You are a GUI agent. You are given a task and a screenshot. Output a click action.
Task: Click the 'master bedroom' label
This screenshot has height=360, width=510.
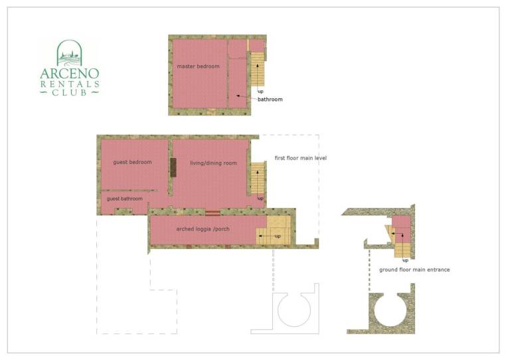coord(198,66)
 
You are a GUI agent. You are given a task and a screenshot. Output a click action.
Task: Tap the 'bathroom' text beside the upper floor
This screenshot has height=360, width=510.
coord(270,100)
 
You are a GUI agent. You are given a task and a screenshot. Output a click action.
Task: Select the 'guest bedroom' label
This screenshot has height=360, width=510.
coord(132,162)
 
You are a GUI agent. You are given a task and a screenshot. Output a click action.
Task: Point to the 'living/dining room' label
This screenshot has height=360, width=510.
coord(213,163)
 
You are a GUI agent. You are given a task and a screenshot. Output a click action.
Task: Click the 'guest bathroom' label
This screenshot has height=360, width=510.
coord(125,199)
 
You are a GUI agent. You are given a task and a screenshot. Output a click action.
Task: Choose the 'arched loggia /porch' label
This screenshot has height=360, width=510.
coord(203,229)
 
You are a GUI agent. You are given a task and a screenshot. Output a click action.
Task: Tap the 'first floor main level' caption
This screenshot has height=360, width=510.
coord(301,158)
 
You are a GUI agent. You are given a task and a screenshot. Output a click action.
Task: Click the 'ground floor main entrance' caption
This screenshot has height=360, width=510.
coord(414,270)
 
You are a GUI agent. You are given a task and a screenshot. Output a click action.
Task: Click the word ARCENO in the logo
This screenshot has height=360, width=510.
coord(70,74)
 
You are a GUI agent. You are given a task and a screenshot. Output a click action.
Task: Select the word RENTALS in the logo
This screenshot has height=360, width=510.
coord(70,84)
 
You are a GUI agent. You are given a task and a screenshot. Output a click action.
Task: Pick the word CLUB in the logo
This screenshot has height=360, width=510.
coord(70,93)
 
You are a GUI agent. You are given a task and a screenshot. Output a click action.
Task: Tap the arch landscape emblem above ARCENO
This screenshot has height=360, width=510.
coord(69,52)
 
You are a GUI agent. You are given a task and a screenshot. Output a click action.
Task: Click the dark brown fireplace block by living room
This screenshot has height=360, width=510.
coord(173,167)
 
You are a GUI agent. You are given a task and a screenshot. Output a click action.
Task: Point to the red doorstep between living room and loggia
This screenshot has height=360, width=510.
coord(212,213)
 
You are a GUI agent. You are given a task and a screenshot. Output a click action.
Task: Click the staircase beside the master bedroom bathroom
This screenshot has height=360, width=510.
coord(257,69)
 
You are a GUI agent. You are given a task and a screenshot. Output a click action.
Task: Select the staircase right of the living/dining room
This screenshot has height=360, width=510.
coord(257,178)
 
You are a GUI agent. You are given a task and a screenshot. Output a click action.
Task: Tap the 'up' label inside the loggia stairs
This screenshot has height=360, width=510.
coord(278,236)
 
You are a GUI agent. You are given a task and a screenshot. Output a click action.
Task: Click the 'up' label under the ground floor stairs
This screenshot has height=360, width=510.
coord(405,260)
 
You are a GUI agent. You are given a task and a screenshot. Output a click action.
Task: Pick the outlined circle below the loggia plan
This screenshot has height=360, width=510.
coord(294,310)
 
